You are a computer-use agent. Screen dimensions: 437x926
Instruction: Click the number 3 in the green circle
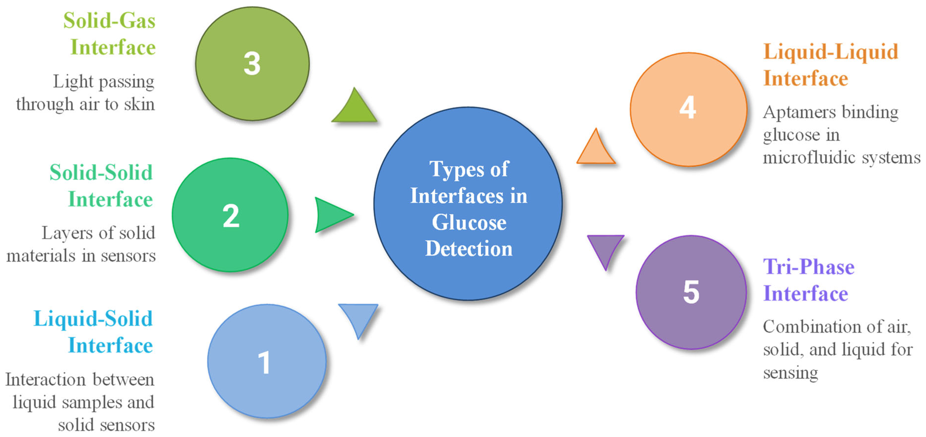(x=252, y=64)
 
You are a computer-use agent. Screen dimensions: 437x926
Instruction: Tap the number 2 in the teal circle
(x=231, y=216)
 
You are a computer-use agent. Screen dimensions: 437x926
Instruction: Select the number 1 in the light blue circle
(x=264, y=363)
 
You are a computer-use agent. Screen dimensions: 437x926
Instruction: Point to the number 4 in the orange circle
(x=687, y=108)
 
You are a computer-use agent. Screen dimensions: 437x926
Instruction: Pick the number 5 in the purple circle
(x=691, y=292)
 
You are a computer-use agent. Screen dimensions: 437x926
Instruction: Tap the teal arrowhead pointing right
(x=331, y=215)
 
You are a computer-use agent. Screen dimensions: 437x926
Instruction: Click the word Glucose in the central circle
(x=469, y=223)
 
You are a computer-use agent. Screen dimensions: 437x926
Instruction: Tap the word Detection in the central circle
(x=469, y=249)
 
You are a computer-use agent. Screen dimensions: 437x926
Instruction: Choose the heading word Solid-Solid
(x=101, y=173)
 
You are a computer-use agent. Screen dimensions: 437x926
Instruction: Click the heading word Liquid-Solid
(x=93, y=319)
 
